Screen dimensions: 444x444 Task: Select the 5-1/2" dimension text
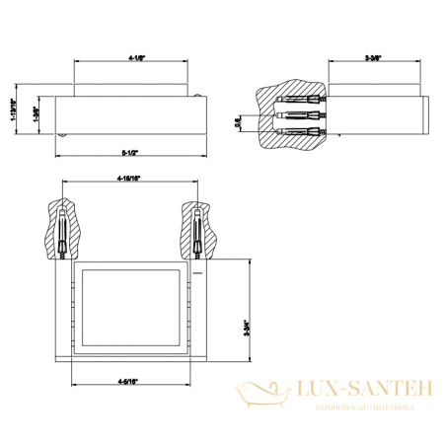pos(129,153)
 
